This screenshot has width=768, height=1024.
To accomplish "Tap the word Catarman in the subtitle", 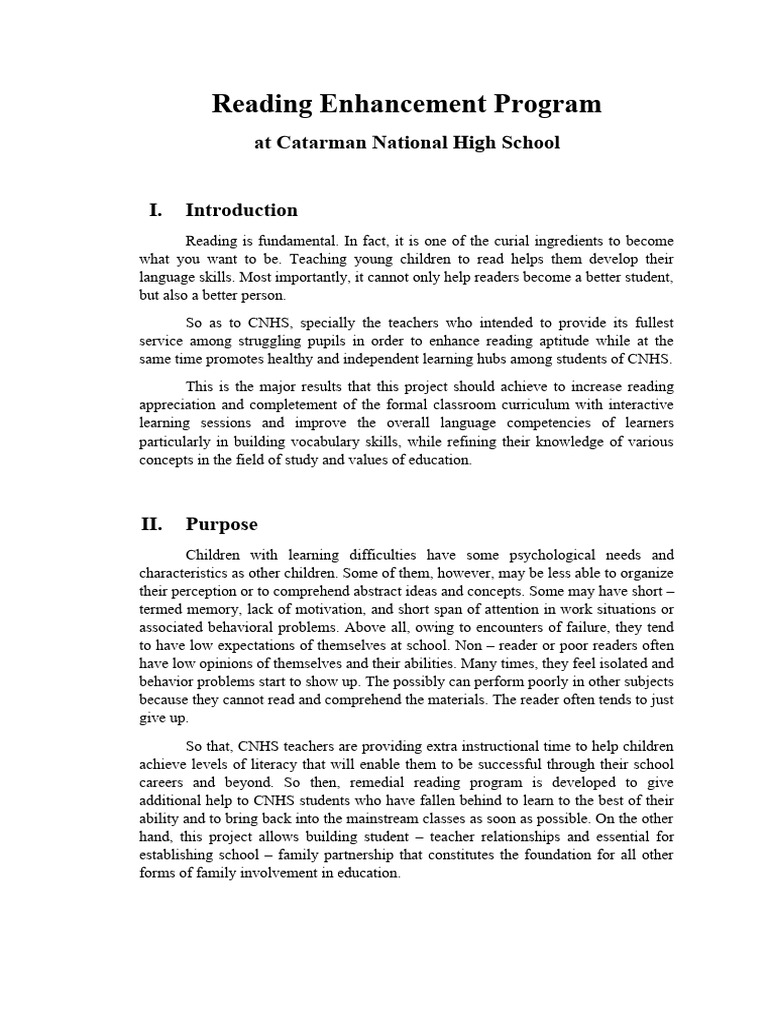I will point(316,143).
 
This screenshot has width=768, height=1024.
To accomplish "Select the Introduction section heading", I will point(241,210).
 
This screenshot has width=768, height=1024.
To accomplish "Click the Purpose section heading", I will point(221,524).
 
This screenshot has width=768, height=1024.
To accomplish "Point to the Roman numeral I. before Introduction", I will point(155,210).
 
